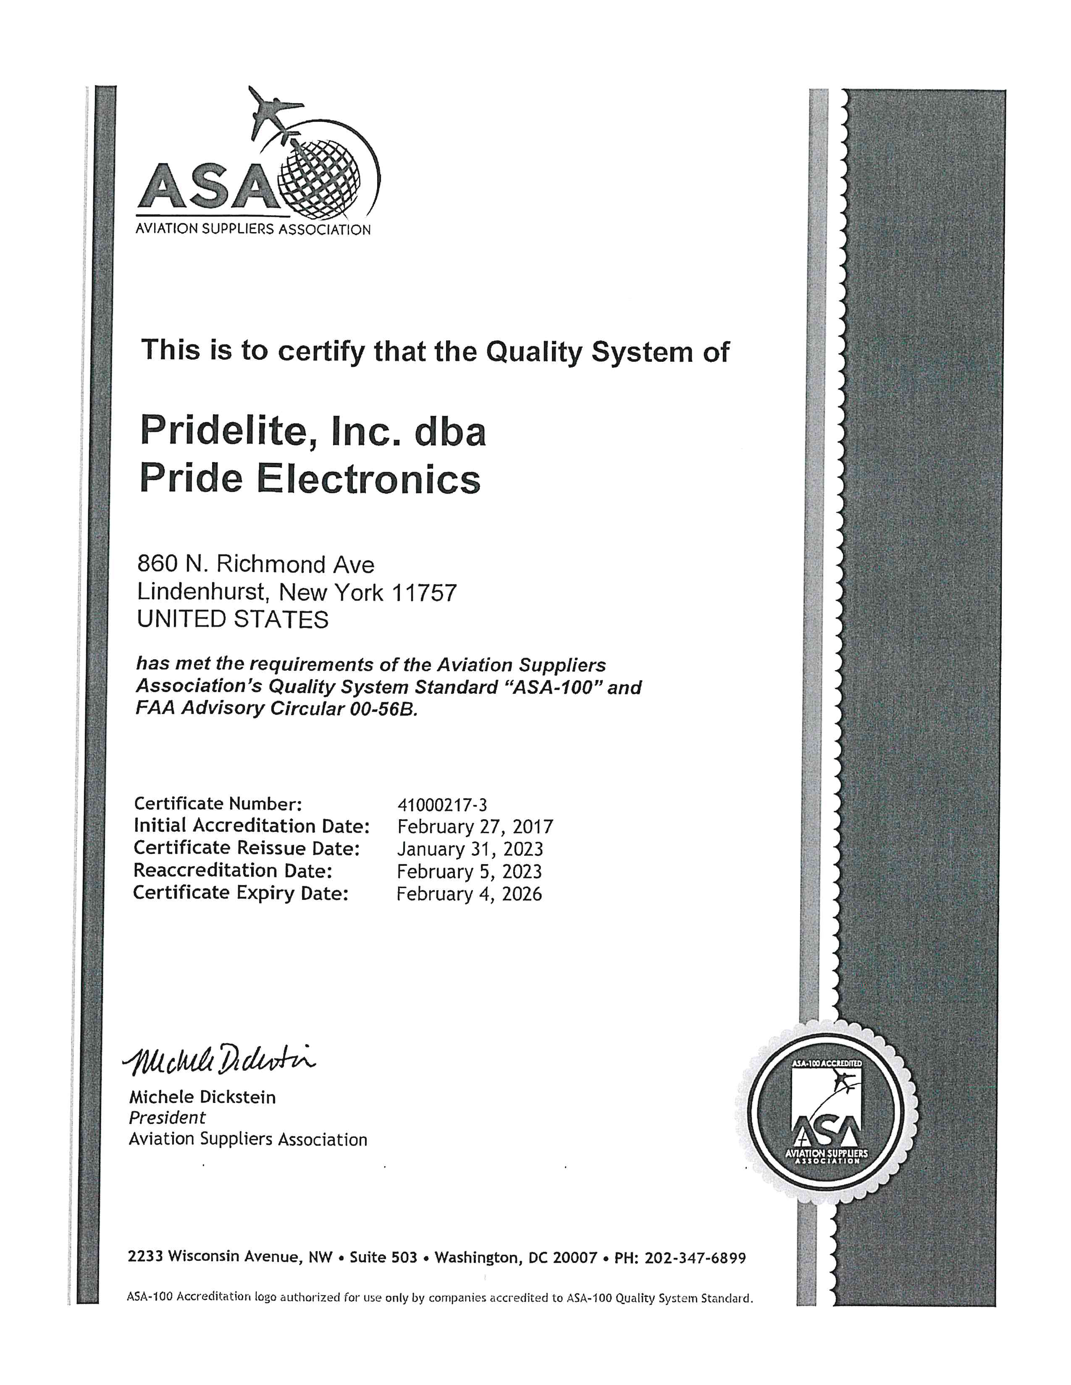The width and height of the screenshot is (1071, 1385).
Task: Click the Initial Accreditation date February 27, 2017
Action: click(475, 827)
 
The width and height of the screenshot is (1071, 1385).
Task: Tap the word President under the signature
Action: click(167, 1117)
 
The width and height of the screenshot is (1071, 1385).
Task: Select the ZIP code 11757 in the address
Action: click(425, 593)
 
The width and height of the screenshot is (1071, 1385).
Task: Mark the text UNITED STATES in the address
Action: click(233, 619)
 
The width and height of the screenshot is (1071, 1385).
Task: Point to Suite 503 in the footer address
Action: click(383, 1257)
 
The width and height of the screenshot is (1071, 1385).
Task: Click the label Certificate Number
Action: click(217, 804)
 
